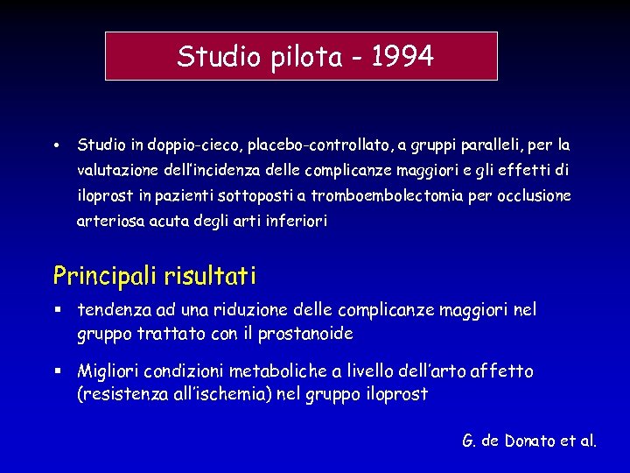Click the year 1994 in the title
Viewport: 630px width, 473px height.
click(402, 57)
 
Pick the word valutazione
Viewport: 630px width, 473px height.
click(115, 170)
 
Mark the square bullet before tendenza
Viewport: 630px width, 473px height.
click(57, 309)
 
